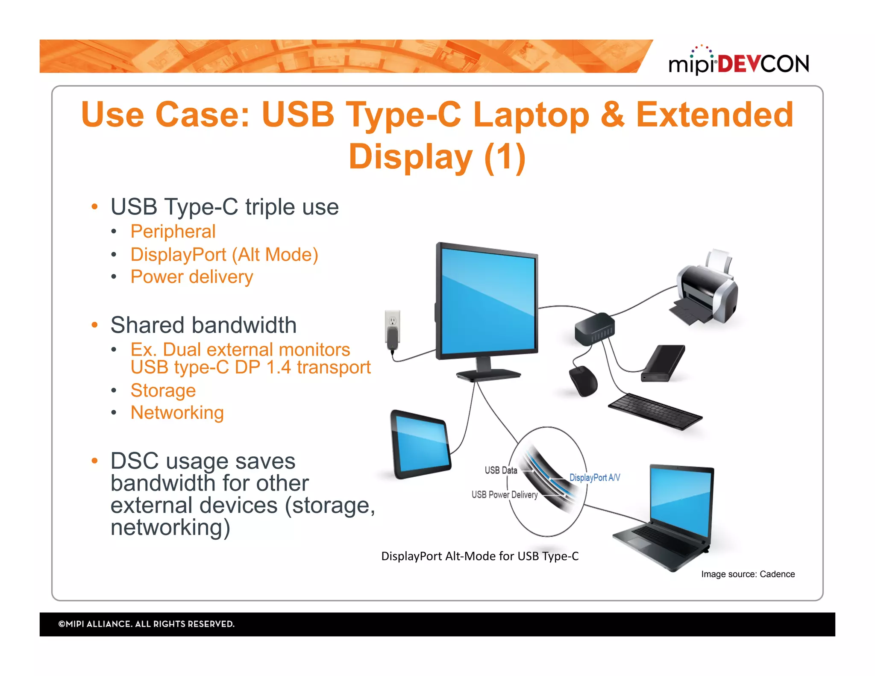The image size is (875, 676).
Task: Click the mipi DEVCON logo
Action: pyautogui.click(x=738, y=63)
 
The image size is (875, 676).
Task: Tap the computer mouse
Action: pyautogui.click(x=584, y=380)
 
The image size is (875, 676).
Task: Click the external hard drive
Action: pyautogui.click(x=663, y=363)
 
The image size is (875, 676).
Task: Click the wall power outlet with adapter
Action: pyautogui.click(x=393, y=331)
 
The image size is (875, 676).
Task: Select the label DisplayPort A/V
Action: pyautogui.click(x=594, y=477)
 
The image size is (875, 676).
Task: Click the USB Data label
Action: pyautogui.click(x=501, y=470)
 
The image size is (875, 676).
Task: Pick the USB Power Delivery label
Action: pyautogui.click(x=504, y=494)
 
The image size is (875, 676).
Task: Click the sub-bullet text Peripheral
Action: pyautogui.click(x=173, y=231)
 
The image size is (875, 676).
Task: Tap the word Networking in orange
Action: pyautogui.click(x=177, y=412)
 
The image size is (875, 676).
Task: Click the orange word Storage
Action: pyautogui.click(x=163, y=390)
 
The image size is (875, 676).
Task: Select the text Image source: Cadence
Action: pyautogui.click(x=748, y=574)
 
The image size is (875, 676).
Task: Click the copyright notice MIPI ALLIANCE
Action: pyautogui.click(x=146, y=624)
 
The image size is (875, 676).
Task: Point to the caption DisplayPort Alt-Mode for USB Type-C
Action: pyautogui.click(x=480, y=556)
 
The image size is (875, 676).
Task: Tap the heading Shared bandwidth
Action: pyautogui.click(x=203, y=325)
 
